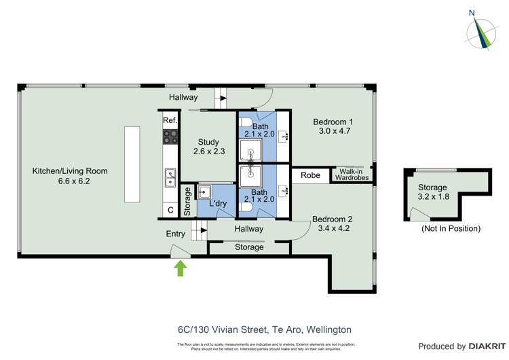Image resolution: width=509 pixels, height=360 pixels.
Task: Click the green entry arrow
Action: (x=181, y=268)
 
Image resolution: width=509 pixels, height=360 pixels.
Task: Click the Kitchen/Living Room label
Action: (x=71, y=176)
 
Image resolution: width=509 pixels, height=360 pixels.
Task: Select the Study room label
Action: (x=208, y=147)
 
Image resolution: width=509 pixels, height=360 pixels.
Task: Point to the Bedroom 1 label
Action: (x=331, y=127)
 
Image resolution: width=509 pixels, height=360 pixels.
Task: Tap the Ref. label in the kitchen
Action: (x=170, y=120)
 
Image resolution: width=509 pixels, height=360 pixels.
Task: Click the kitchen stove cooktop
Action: (x=170, y=137)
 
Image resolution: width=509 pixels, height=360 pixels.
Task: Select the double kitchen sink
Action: (x=170, y=177)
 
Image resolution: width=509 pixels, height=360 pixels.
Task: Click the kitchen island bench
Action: (x=132, y=164)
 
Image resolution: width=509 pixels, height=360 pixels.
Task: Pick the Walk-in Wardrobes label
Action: (x=351, y=175)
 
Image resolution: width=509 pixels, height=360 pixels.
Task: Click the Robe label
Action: (x=310, y=175)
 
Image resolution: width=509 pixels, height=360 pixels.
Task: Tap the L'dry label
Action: (x=217, y=204)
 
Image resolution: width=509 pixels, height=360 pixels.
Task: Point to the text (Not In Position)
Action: (x=451, y=228)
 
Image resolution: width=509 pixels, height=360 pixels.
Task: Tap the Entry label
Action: (x=176, y=234)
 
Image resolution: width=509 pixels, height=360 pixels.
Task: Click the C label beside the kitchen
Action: (x=170, y=211)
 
